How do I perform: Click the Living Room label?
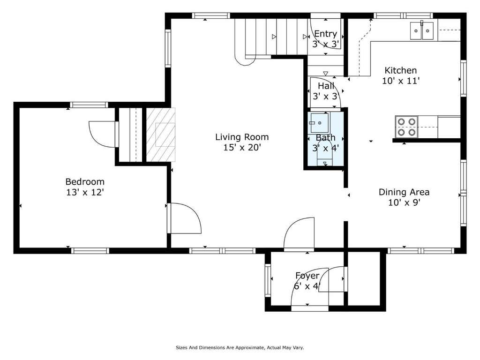pos(242,137)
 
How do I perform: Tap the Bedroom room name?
pos(85,182)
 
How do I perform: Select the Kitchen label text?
pos(400,70)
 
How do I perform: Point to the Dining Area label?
pos(404,192)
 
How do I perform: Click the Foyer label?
pos(307,276)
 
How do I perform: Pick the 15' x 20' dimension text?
pos(242,148)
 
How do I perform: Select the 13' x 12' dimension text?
pos(85,192)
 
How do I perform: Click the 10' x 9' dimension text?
pos(404,202)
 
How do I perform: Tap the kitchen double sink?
pos(422,30)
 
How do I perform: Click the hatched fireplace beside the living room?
pos(161,135)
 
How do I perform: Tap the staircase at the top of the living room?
pos(271,37)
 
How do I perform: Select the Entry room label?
pos(325,34)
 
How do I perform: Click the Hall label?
pos(326,86)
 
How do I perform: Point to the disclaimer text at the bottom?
pos(240,347)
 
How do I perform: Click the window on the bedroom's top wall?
pos(89,105)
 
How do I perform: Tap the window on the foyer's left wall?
pos(268,280)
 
